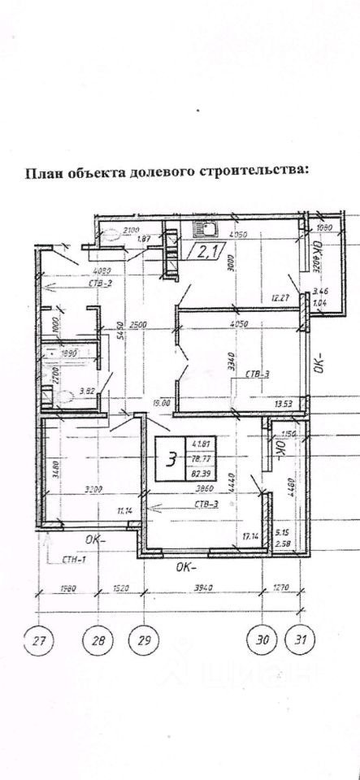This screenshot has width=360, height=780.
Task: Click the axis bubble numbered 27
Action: pos(37,640)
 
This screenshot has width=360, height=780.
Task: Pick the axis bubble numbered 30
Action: pos(262,640)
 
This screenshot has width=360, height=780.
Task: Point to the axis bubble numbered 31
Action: pos(301,640)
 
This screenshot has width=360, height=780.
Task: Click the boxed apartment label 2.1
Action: pos(200,252)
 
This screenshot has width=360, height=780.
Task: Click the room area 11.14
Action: pos(124,509)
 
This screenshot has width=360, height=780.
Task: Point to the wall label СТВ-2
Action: pos(77,284)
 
